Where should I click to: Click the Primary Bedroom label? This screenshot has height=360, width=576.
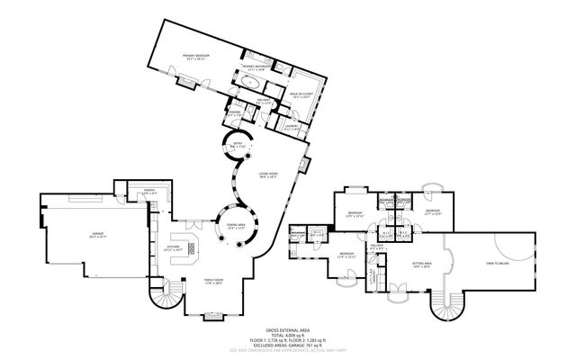point(197,57)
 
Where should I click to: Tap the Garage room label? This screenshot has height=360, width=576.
point(96,235)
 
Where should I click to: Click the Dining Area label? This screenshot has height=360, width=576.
point(236,227)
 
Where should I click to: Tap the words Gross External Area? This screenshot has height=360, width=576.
point(287,330)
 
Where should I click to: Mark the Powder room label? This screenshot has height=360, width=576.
point(234,114)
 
